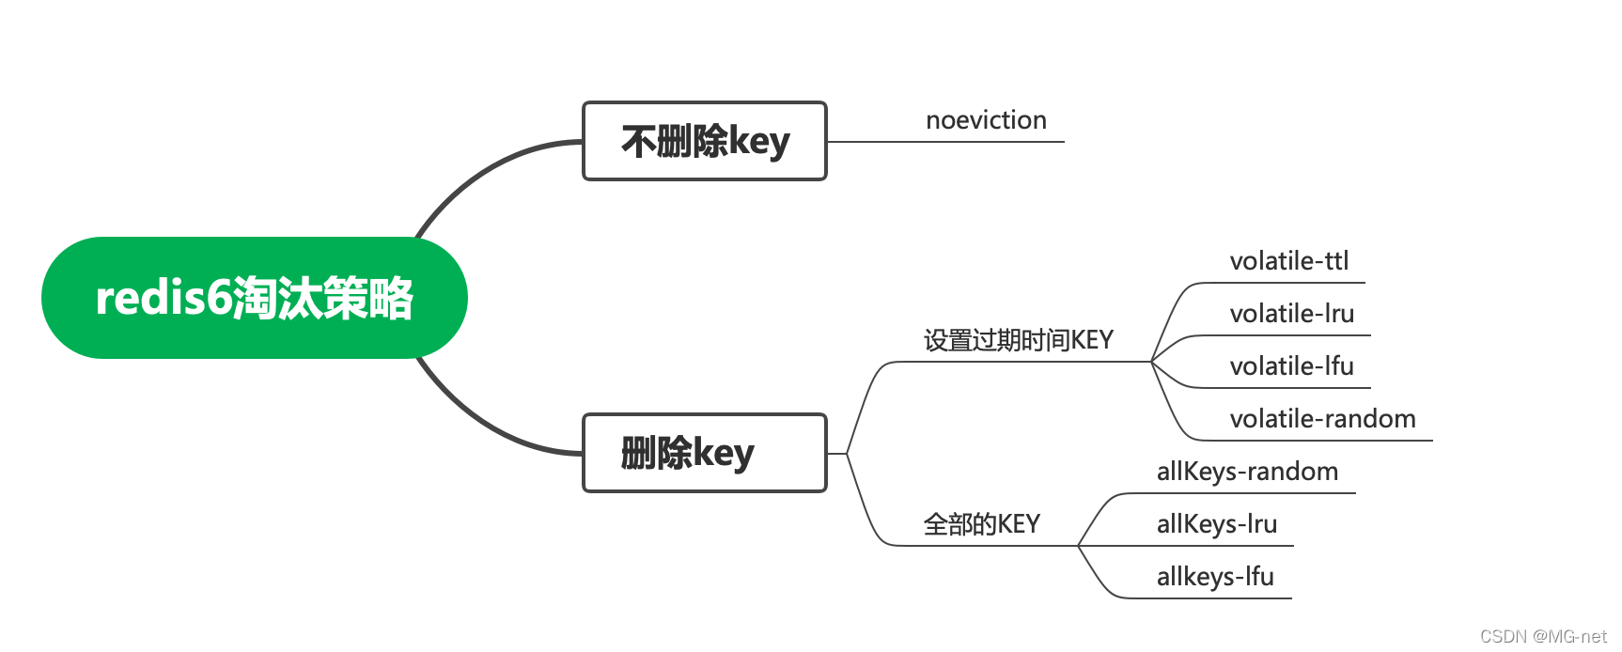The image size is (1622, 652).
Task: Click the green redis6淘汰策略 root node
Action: [254, 298]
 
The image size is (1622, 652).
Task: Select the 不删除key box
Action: [704, 141]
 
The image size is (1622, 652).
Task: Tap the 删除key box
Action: [704, 453]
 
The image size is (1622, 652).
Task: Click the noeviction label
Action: [986, 120]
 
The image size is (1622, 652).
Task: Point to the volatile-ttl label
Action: [1288, 261]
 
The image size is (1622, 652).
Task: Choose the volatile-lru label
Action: [1291, 314]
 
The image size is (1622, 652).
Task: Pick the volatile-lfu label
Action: [1291, 366]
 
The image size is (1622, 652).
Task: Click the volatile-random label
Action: [1322, 419]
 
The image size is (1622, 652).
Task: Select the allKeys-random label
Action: [1247, 472]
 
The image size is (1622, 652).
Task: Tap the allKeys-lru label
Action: [1216, 524]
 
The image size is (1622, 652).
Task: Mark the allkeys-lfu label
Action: [1215, 577]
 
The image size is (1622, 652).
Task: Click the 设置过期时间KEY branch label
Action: [1018, 340]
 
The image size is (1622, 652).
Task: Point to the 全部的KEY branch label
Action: [981, 524]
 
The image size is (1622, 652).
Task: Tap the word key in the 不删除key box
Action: [758, 143]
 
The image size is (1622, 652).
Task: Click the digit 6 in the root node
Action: [218, 298]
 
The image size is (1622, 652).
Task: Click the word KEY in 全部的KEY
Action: [1019, 524]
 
